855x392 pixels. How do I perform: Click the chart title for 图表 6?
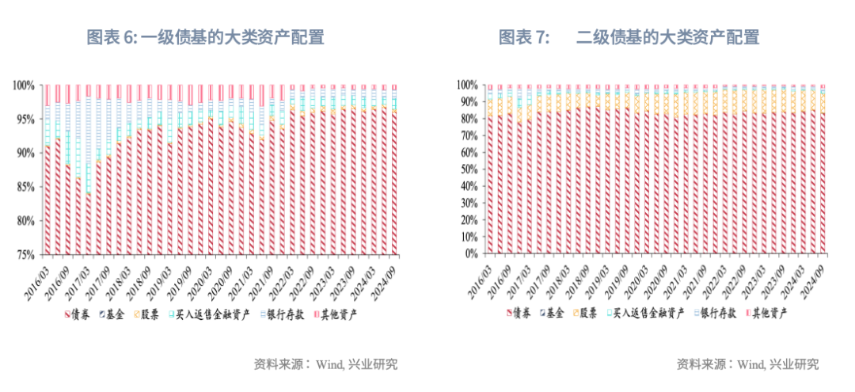coord(205,37)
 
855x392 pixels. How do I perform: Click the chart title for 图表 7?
coord(629,37)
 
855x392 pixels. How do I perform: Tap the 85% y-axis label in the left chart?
coord(25,187)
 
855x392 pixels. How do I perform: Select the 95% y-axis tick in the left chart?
coord(25,119)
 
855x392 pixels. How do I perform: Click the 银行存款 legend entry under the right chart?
coord(709,314)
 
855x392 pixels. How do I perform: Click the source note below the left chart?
coord(325,364)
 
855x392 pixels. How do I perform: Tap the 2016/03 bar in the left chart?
coord(48,198)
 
